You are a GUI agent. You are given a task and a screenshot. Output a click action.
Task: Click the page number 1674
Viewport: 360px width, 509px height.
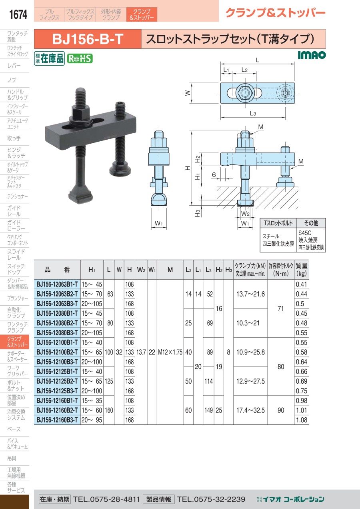pyautogui.click(x=18, y=14)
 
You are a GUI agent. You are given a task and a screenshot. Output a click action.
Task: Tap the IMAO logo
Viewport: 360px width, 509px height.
pyautogui.click(x=312, y=55)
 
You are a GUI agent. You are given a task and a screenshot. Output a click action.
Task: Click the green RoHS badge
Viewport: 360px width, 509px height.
pyautogui.click(x=80, y=59)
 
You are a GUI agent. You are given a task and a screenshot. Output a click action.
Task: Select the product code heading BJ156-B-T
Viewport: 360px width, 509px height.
pyautogui.click(x=88, y=39)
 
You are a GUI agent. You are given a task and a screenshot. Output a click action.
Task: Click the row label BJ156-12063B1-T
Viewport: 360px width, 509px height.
pyautogui.click(x=57, y=284)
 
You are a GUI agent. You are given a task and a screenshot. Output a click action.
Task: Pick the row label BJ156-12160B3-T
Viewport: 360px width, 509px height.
pyautogui.click(x=57, y=420)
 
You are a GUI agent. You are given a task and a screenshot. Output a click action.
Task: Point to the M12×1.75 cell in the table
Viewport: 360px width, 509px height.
pyautogui.click(x=170, y=352)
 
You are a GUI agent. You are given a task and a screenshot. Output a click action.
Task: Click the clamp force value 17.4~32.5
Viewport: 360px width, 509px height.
pyautogui.click(x=250, y=411)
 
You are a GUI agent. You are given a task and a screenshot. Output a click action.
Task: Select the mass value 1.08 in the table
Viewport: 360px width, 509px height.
pyautogui.click(x=302, y=420)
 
